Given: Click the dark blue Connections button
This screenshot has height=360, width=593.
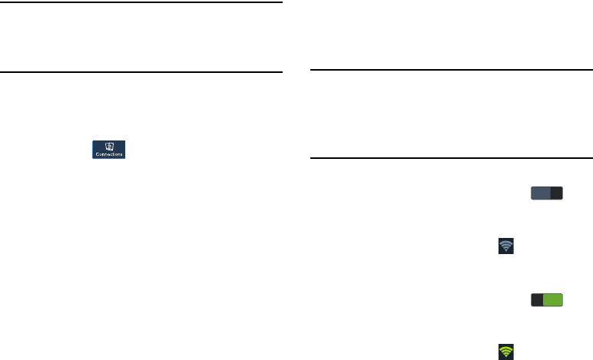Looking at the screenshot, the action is click(x=109, y=149).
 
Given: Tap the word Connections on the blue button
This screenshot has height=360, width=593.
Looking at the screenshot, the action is click(x=109, y=154).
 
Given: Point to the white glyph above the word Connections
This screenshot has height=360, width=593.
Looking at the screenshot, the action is click(x=109, y=145).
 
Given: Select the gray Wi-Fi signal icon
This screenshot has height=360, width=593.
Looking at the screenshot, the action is click(x=506, y=246).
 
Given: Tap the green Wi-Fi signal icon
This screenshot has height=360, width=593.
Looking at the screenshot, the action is click(x=506, y=352).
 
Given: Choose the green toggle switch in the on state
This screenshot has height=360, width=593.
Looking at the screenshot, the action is click(x=545, y=301).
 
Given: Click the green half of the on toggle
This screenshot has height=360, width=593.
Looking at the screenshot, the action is click(x=553, y=301).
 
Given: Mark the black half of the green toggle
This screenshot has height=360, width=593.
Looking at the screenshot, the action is click(x=535, y=301).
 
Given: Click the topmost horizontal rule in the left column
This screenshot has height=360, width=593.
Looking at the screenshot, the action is click(x=141, y=2).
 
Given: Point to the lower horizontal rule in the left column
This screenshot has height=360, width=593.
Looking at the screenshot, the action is click(x=141, y=73).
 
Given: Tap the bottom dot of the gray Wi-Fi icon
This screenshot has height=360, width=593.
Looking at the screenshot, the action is click(x=506, y=251).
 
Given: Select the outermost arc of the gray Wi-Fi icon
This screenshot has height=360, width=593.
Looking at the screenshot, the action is click(x=506, y=241).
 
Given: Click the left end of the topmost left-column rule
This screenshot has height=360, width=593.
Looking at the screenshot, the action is click(x=2, y=2).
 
